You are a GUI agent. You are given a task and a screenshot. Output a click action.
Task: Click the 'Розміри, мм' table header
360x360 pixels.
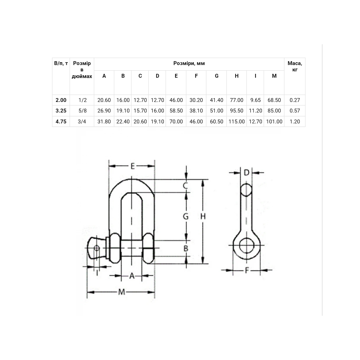[x=189, y=63]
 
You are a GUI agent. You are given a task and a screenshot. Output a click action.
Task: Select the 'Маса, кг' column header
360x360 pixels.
[x=295, y=66]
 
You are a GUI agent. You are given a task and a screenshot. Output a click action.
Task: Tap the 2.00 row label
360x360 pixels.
[x=61, y=100]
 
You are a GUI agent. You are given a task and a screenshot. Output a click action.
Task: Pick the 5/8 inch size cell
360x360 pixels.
[x=82, y=111]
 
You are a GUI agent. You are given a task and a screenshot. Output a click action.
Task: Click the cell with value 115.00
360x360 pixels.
[x=237, y=121]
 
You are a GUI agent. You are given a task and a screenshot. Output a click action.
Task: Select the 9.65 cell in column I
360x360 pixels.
[x=256, y=100]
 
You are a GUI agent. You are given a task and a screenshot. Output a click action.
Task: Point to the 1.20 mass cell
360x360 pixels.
[x=295, y=121]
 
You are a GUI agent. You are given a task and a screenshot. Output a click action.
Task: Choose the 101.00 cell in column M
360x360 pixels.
[x=274, y=121]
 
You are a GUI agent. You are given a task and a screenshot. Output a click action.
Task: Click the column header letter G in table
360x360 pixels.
[x=217, y=76]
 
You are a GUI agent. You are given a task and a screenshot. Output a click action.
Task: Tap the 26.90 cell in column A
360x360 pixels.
[x=104, y=111]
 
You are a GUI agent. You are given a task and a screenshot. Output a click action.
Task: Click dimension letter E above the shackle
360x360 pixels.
[x=133, y=166]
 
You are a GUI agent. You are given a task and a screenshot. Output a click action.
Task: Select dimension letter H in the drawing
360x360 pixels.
[x=203, y=216]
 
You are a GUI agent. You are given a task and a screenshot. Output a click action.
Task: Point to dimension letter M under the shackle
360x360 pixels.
[x=121, y=292]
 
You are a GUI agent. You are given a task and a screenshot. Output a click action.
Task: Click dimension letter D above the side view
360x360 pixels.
[x=246, y=172]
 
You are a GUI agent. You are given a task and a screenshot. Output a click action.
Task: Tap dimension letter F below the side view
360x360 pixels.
[x=247, y=270]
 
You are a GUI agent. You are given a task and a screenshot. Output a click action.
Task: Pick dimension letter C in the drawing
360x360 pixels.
[x=186, y=186]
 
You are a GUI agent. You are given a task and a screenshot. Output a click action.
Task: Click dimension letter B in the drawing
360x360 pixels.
[x=186, y=249]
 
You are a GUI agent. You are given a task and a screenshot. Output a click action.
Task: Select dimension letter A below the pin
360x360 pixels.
[x=132, y=276]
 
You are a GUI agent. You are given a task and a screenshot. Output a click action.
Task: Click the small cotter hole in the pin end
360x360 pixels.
[x=97, y=248]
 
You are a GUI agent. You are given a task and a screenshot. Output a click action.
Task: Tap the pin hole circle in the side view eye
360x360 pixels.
[x=246, y=245]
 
